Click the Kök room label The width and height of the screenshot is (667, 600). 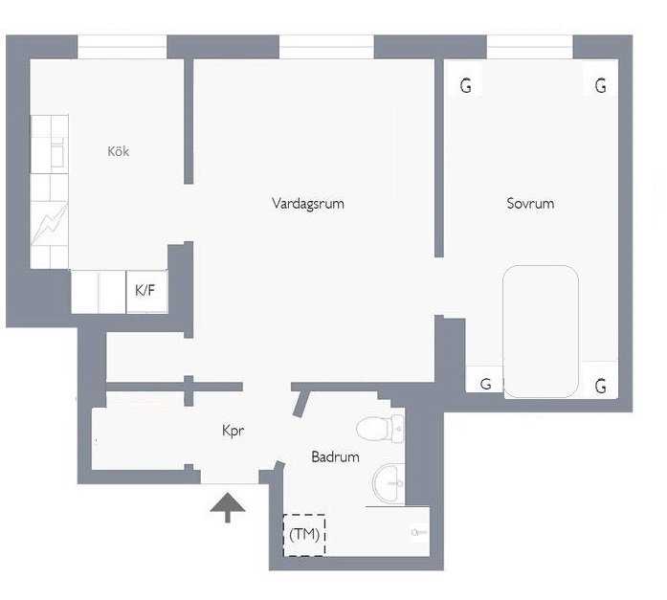tap(119, 151)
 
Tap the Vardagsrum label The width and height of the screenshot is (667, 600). tap(308, 203)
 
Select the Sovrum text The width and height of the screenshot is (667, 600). tap(530, 203)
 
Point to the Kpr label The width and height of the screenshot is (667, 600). tap(233, 431)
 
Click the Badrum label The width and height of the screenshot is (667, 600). tap(335, 456)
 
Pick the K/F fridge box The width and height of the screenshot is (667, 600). tap(146, 292)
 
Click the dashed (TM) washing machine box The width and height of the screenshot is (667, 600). tap(304, 535)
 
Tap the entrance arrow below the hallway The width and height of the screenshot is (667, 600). tap(228, 507)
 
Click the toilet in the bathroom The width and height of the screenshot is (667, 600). tap(380, 428)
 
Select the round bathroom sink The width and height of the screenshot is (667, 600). tap(388, 484)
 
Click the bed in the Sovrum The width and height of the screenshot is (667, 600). tap(541, 332)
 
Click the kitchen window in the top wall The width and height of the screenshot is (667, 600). tap(122, 47)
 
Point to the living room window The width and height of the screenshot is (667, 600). tap(326, 47)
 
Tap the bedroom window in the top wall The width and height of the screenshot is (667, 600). tap(530, 47)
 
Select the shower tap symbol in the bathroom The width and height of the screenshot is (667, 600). tap(419, 532)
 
